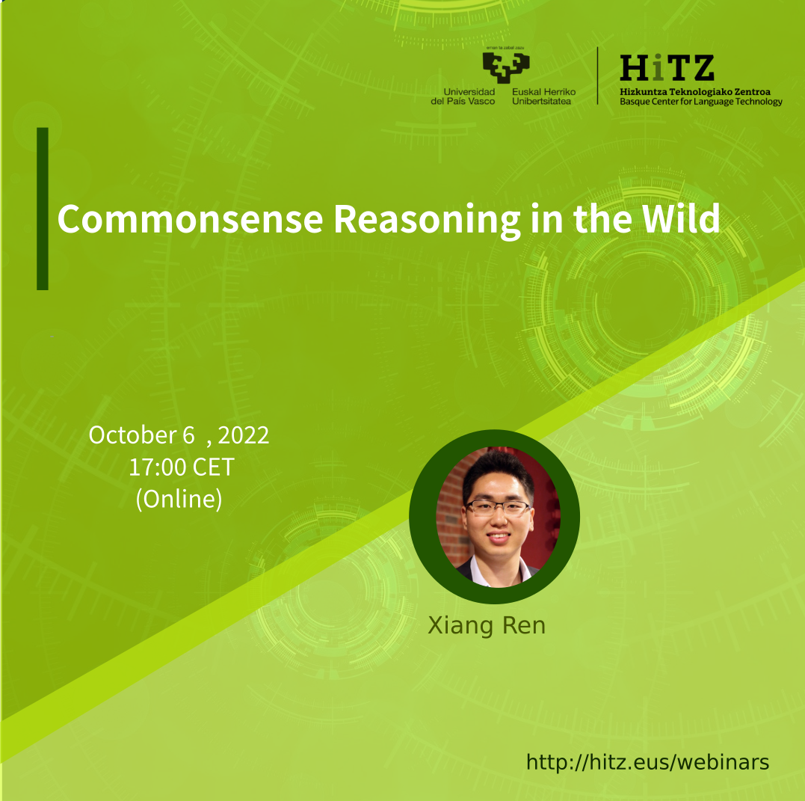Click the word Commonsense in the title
(x=190, y=219)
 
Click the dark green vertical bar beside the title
(x=43, y=209)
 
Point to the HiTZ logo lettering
(x=667, y=68)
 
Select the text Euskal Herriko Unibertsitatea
(x=543, y=96)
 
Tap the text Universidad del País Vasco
(x=463, y=96)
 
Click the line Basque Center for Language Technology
(x=701, y=102)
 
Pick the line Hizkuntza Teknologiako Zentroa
(x=695, y=92)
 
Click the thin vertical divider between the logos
(x=598, y=76)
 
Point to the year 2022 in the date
(x=244, y=436)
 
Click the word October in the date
(x=133, y=435)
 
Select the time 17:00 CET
(x=181, y=467)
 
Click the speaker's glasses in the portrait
(x=498, y=508)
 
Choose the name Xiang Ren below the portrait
(x=487, y=626)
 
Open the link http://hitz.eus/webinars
(x=648, y=762)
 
